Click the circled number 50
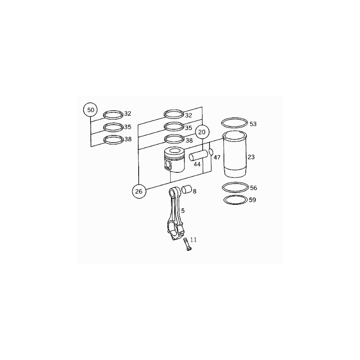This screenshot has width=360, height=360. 90,110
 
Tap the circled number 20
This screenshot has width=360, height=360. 202,132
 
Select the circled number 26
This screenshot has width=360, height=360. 139,191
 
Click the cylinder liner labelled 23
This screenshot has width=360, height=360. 235,154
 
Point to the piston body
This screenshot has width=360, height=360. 175,160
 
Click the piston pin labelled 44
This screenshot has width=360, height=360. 198,155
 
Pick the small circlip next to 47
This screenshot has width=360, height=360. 211,152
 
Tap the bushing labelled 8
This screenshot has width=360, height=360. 187,189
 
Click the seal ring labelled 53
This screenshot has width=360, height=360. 234,123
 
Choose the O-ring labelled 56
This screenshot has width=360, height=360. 235,187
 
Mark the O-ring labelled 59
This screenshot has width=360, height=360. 235,200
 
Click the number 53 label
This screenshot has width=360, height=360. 253,124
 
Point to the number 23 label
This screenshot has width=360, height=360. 251,157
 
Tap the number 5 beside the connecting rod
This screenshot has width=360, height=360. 183,211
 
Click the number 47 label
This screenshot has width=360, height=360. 217,157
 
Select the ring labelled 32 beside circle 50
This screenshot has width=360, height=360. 113,115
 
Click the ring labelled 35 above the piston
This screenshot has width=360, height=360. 174,126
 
